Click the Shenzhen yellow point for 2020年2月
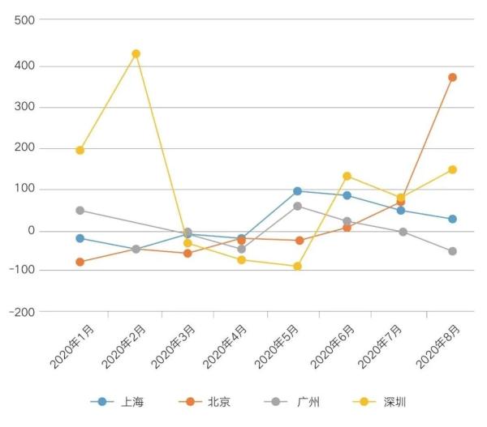136,53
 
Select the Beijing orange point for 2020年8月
452,77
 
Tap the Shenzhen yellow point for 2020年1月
80,150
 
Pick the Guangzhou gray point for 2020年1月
80,210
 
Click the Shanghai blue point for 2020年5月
297,191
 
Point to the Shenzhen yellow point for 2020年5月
297,266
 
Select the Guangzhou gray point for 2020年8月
452,251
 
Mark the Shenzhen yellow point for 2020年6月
347,176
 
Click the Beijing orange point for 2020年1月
80,262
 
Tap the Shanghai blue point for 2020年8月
452,219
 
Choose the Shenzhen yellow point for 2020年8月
452,169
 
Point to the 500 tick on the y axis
24,19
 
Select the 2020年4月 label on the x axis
224,348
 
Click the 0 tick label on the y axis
30,231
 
